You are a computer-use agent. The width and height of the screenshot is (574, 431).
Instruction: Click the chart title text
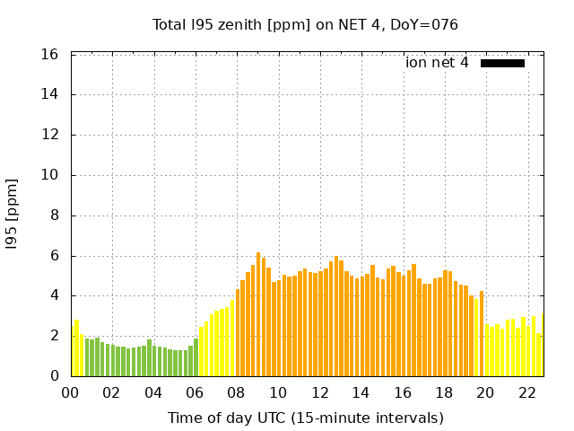pyautogui.click(x=305, y=25)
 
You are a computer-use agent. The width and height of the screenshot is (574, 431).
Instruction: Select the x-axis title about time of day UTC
pyautogui.click(x=305, y=418)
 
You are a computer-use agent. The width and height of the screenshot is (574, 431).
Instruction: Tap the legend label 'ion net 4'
pyautogui.click(x=437, y=63)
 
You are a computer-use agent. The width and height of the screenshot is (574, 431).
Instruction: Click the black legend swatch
pyautogui.click(x=502, y=63)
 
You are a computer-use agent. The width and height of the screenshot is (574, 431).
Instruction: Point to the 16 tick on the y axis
pyautogui.click(x=50, y=55)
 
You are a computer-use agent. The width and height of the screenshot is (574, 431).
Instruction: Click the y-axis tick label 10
pyautogui.click(x=50, y=175)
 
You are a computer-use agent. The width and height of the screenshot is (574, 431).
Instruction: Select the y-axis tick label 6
pyautogui.click(x=54, y=256)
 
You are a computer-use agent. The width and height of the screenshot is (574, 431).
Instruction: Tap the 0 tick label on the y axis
pyautogui.click(x=54, y=376)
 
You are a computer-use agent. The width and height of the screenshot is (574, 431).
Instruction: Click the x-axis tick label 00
pyautogui.click(x=71, y=392)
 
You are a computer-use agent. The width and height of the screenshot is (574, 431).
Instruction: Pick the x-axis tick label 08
pyautogui.click(x=237, y=392)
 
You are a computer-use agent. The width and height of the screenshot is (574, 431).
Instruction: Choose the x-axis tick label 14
pyautogui.click(x=361, y=392)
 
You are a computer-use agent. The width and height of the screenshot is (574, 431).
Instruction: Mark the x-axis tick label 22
pyautogui.click(x=527, y=392)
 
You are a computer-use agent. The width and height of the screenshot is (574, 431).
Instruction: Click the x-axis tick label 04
pyautogui.click(x=153, y=392)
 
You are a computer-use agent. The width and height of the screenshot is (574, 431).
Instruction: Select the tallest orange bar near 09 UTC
pyautogui.click(x=258, y=314)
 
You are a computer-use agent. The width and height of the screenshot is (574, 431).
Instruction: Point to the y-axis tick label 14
pyautogui.click(x=50, y=94)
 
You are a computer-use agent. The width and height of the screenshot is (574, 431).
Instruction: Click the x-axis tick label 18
pyautogui.click(x=444, y=392)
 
